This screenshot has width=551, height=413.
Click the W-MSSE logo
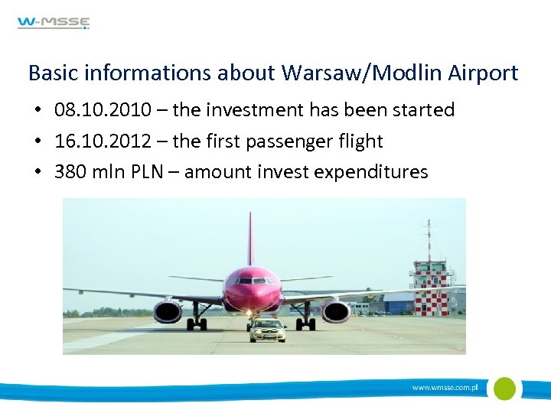pos(54,23)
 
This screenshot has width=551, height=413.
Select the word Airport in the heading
pos(481,73)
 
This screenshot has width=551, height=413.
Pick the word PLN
pos(145,172)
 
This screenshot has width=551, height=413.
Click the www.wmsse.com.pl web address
pos(445,389)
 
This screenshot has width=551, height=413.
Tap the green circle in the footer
pos(504,389)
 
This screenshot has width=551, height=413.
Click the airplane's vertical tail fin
pos(249,237)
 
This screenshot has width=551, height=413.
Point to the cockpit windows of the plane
pos(252,281)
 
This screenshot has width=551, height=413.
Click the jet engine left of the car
pos(168,311)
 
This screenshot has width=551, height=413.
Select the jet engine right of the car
pos(336,311)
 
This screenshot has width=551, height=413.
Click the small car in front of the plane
pos(268,330)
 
